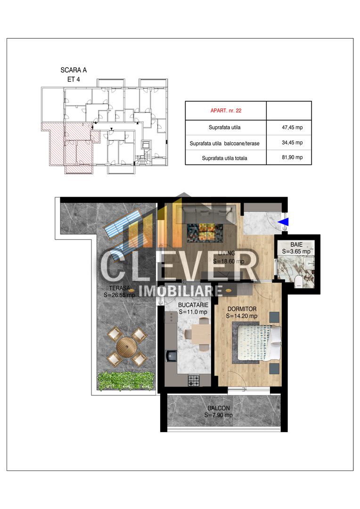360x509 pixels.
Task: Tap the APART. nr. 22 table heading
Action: coord(225,112)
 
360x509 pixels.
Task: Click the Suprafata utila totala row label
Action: coord(224,158)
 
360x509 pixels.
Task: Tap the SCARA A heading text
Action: coord(74,70)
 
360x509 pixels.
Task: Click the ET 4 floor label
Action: coord(74,79)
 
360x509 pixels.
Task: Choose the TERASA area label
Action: coord(119,287)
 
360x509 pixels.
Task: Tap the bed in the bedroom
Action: coord(257,343)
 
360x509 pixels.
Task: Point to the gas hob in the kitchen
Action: coord(194,379)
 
